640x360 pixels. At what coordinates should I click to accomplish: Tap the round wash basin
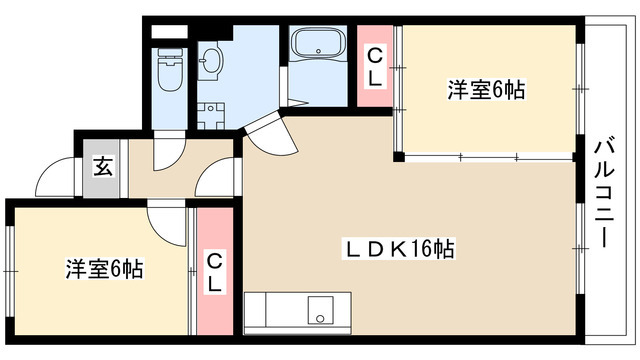click(210, 63)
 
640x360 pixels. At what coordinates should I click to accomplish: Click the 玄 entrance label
click(103, 165)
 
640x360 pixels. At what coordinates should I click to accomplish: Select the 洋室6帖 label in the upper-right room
click(485, 90)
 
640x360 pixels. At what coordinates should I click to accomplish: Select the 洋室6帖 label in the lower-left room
click(104, 268)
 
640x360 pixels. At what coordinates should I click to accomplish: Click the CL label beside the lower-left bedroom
click(214, 270)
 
